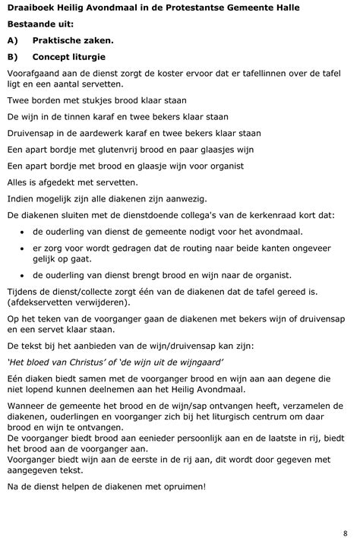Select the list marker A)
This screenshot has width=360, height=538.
(x=13, y=40)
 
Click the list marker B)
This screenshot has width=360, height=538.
(x=13, y=57)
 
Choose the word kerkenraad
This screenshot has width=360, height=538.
(x=270, y=216)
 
